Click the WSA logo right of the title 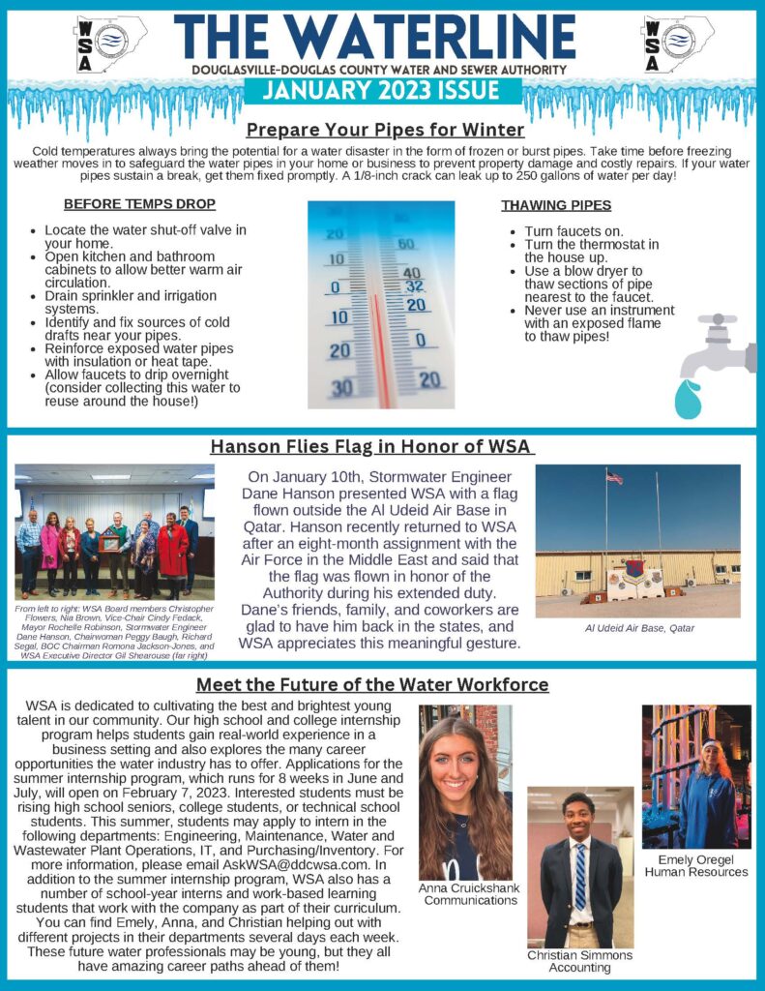pyautogui.click(x=678, y=44)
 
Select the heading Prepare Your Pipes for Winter pyautogui.click(x=385, y=130)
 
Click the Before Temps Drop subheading pyautogui.click(x=139, y=204)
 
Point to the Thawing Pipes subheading pyautogui.click(x=555, y=205)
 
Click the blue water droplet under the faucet pyautogui.click(x=687, y=399)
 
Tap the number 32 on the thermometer pyautogui.click(x=414, y=286)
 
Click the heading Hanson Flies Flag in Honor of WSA pyautogui.click(x=371, y=446)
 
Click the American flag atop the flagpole pyautogui.click(x=614, y=478)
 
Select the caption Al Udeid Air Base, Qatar pyautogui.click(x=638, y=628)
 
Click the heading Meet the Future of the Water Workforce pyautogui.click(x=372, y=685)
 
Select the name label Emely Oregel pyautogui.click(x=696, y=859)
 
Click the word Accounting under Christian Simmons pyautogui.click(x=579, y=967)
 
